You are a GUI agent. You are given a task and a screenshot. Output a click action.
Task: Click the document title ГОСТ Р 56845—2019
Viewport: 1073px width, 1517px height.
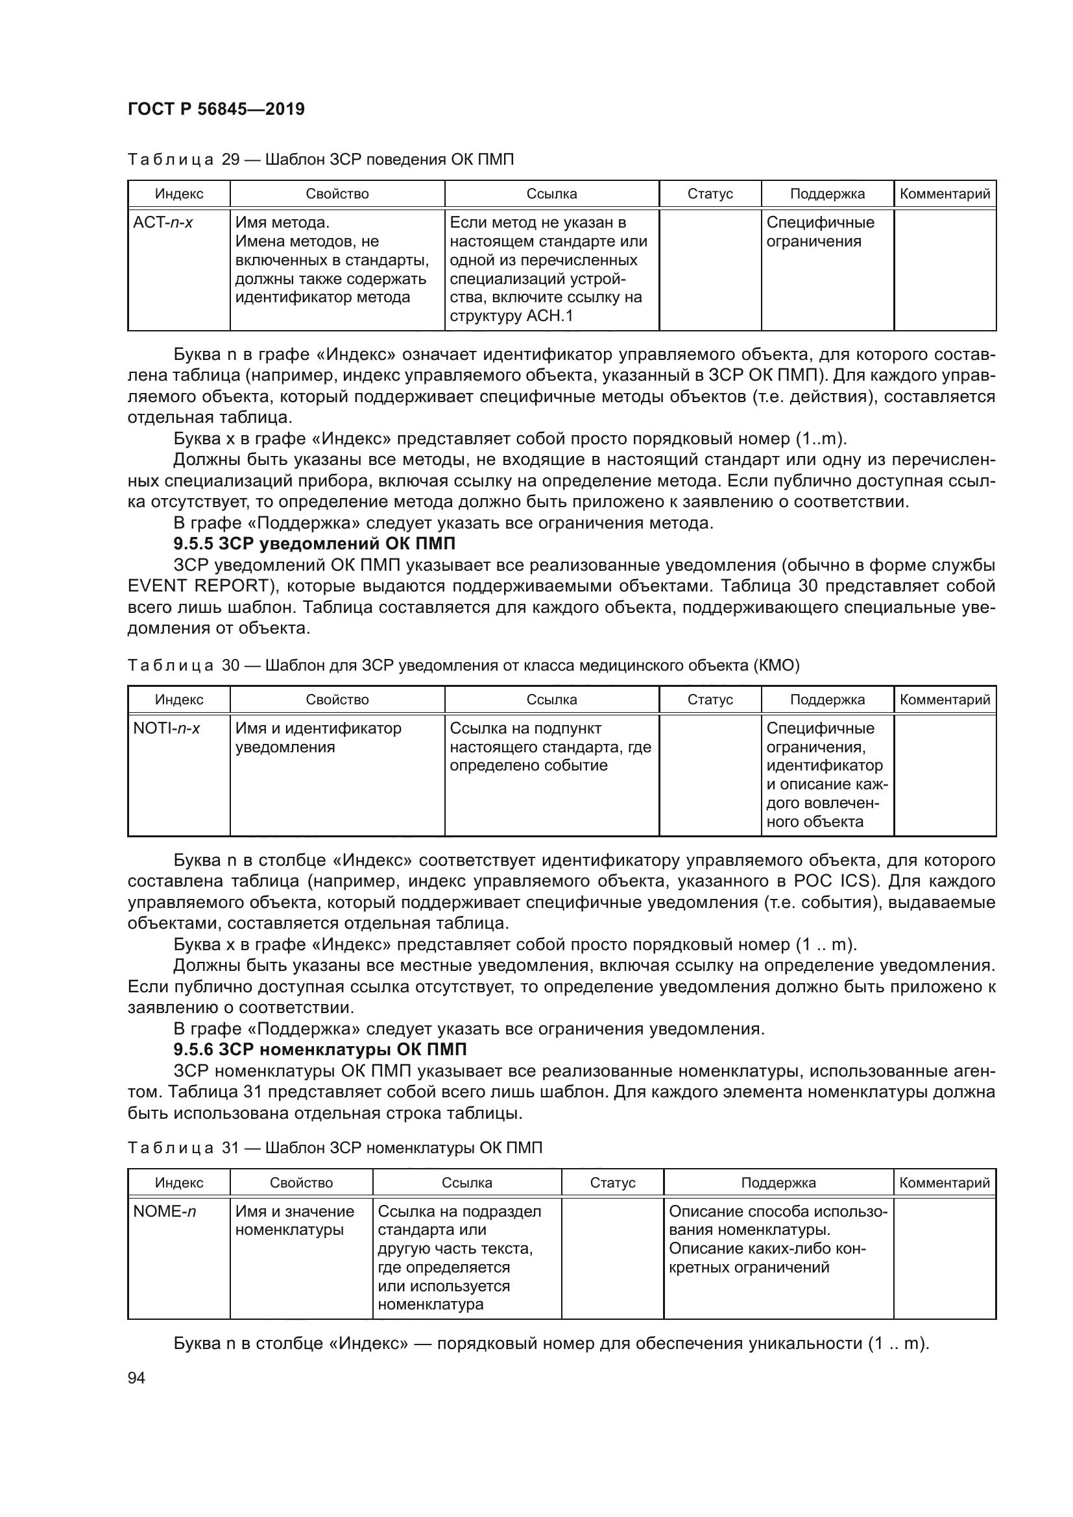coord(216,109)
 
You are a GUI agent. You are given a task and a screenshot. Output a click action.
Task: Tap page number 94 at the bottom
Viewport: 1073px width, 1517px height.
coord(136,1378)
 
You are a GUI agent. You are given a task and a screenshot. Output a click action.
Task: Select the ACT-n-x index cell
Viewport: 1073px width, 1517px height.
coord(163,223)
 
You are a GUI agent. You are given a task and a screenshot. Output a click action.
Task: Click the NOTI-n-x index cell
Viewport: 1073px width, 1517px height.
coord(167,729)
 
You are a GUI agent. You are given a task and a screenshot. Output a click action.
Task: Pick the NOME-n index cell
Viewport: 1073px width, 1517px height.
coord(165,1211)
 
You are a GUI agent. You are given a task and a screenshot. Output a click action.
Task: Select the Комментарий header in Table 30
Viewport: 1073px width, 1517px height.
coord(944,700)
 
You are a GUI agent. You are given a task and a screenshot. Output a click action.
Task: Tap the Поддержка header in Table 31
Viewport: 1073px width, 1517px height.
coord(778,1183)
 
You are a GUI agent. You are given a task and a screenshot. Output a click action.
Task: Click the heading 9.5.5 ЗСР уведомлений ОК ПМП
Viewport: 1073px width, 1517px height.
coord(314,543)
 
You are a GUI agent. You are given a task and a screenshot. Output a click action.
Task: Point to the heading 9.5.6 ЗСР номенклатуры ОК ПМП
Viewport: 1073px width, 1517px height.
coord(320,1049)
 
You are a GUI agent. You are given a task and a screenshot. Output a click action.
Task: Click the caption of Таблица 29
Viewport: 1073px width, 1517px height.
coord(320,160)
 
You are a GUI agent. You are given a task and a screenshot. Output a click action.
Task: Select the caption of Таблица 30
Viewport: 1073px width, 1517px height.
coord(463,665)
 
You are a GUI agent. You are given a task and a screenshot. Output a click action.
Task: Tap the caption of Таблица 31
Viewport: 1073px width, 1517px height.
coord(334,1148)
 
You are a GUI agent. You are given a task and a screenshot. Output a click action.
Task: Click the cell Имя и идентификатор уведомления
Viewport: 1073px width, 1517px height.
coord(318,738)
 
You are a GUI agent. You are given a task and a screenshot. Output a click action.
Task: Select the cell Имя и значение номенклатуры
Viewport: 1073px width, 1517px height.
coord(295,1221)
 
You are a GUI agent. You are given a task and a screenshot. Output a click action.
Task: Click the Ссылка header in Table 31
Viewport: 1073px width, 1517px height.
coord(466,1183)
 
